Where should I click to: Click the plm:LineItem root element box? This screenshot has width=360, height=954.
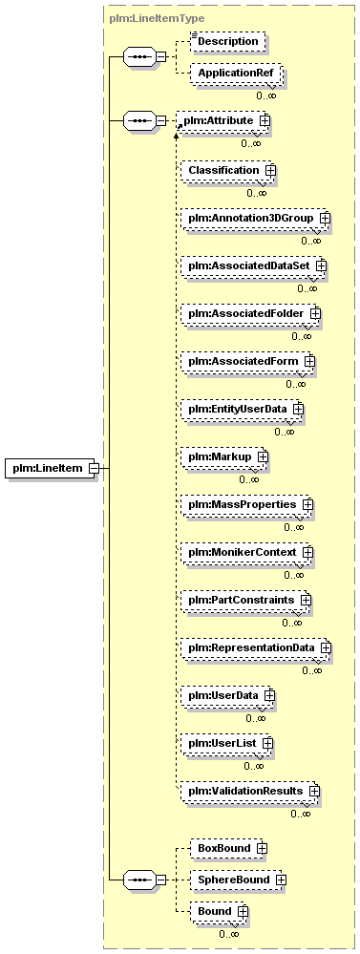(x=50, y=468)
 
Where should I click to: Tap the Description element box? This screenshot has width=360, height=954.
(x=228, y=41)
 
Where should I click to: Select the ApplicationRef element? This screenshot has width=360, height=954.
(x=235, y=74)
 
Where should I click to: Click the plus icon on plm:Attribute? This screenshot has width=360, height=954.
(x=265, y=121)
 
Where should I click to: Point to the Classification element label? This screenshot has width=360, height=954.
(x=223, y=170)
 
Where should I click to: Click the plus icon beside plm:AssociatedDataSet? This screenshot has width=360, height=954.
(x=321, y=265)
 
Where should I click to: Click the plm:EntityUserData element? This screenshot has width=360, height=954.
(x=242, y=409)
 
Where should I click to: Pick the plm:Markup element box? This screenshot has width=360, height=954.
(x=224, y=456)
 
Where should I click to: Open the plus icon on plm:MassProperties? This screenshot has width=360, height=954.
(x=307, y=504)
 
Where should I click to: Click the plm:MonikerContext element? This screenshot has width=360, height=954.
(x=247, y=553)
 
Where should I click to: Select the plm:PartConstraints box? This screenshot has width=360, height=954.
(x=245, y=600)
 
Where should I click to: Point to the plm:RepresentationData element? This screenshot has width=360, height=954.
(x=256, y=648)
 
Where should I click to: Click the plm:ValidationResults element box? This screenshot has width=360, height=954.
(x=250, y=791)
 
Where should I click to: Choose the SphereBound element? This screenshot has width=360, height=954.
(x=238, y=880)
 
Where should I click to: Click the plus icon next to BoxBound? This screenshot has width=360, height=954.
(x=262, y=848)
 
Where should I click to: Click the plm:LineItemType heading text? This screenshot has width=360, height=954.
(x=157, y=18)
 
